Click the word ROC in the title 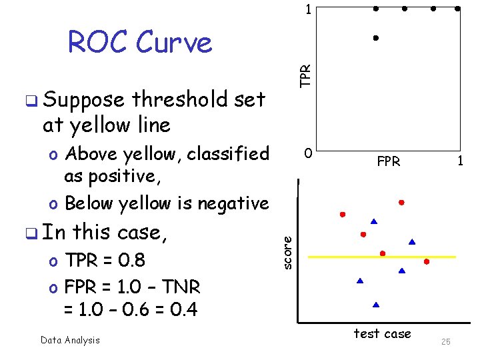point(97,43)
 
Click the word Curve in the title point(173,43)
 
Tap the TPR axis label point(305,75)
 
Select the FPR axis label point(389,161)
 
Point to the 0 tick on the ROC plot point(307,154)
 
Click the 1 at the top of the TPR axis point(307,10)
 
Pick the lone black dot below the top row point(376,38)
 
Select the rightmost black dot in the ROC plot point(457,9)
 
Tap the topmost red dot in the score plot point(402,201)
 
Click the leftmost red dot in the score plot point(342,215)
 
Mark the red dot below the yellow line point(426,262)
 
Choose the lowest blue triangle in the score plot point(376,304)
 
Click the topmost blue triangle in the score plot point(374,221)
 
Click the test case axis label point(382,333)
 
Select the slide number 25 point(446,341)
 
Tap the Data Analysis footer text point(70,340)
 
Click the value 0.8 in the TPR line point(131,260)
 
